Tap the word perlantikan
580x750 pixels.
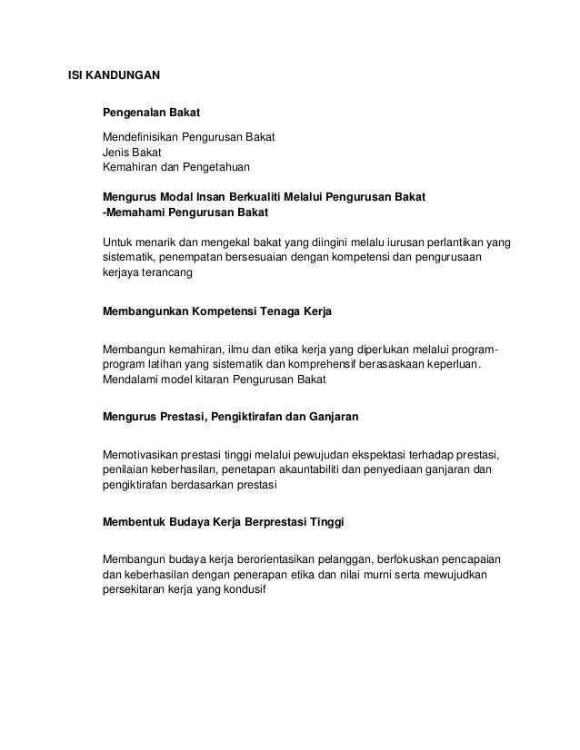[452, 242]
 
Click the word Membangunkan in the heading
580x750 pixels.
[145, 311]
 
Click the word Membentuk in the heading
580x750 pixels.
[134, 524]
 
